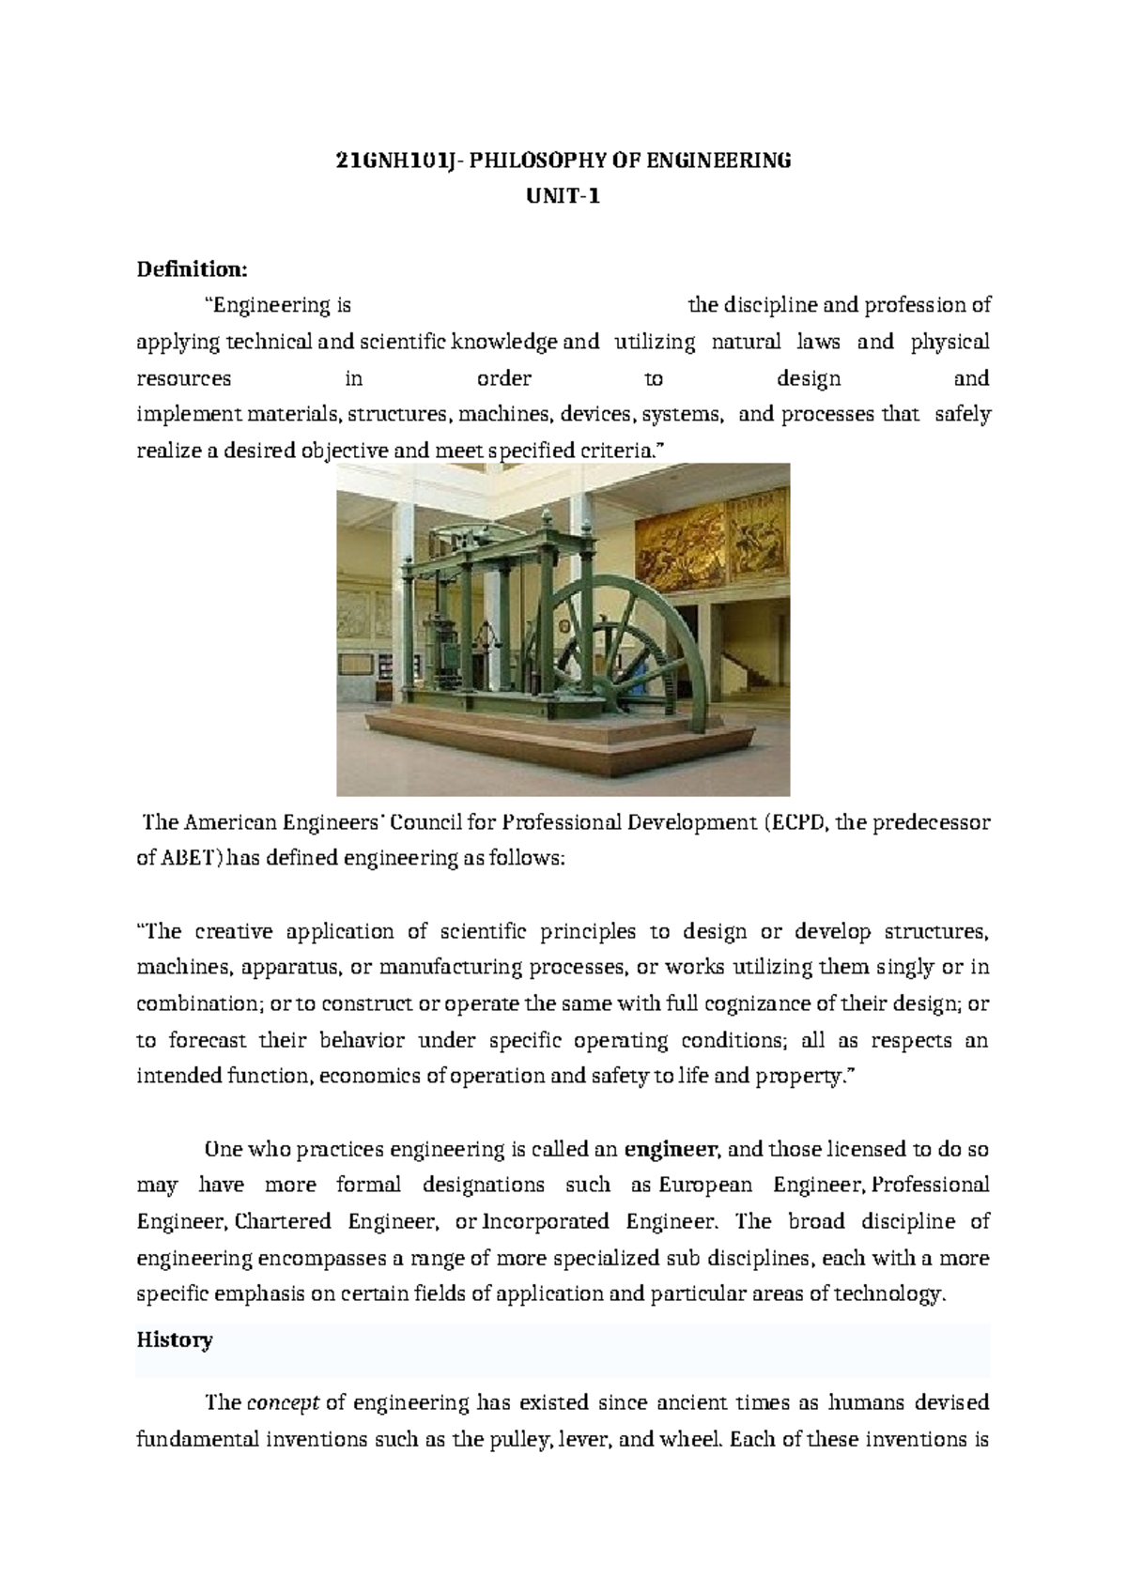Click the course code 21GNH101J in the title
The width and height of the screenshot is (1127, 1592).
[x=386, y=161]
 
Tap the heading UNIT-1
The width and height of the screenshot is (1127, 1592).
[x=563, y=197]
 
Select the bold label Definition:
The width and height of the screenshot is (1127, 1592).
[x=193, y=269]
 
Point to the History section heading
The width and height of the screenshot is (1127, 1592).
[x=175, y=1339]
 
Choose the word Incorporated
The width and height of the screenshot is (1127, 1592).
[x=546, y=1222]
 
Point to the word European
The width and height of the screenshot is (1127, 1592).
[x=705, y=1185]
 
